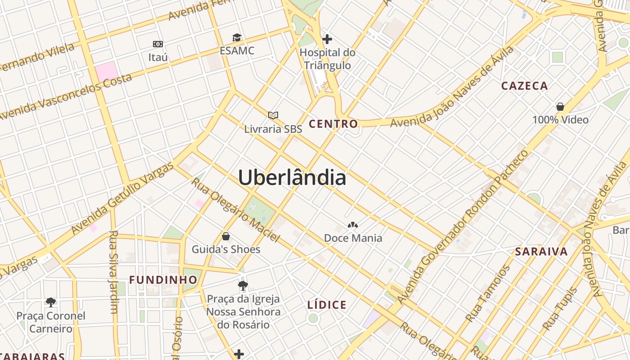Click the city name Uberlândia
[x=292, y=177]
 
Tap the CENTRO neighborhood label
[x=333, y=124]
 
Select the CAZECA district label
[x=524, y=85]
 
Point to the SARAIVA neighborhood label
[x=541, y=251]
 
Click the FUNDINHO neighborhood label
[x=163, y=279]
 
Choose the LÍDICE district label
[x=327, y=305]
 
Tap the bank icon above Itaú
[x=157, y=44]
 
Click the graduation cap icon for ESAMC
[x=237, y=37]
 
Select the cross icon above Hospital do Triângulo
[x=327, y=39]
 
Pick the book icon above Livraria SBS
[x=273, y=115]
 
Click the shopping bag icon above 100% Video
[x=560, y=107]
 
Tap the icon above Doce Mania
[x=353, y=225]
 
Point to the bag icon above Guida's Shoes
[x=226, y=236]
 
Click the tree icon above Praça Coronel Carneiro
[x=50, y=302]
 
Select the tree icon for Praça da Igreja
[x=243, y=285]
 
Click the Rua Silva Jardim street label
[x=113, y=272]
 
